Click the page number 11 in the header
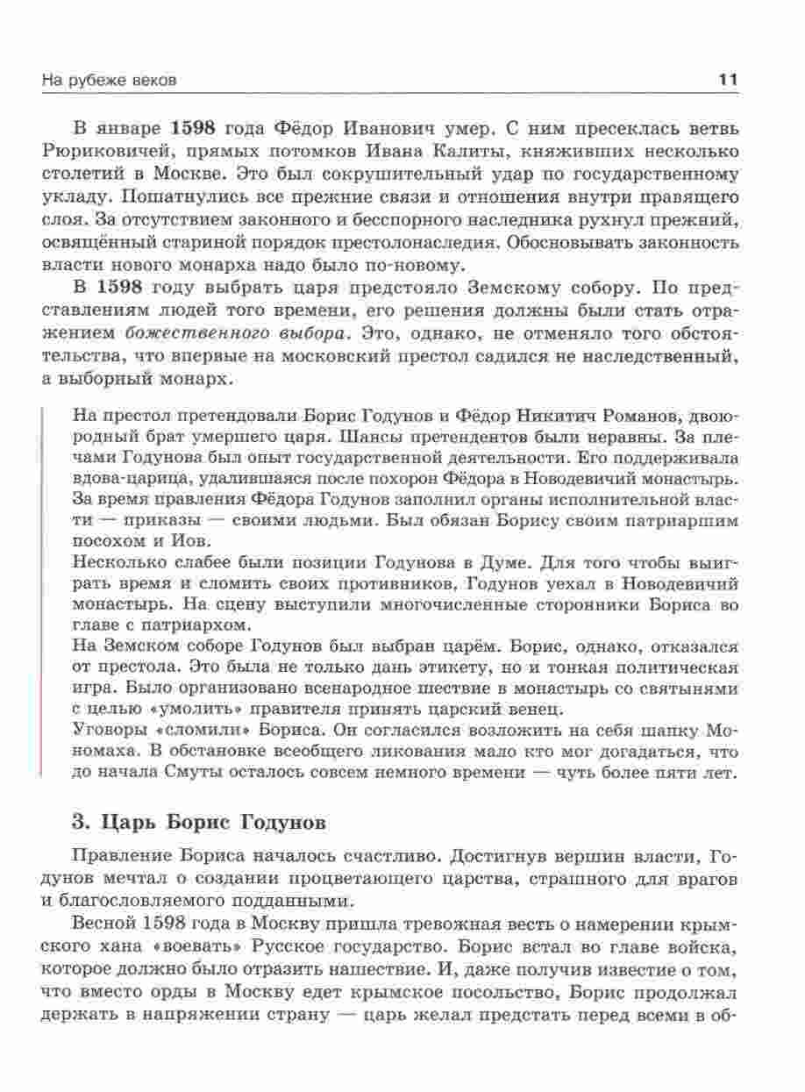pos(728,80)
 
